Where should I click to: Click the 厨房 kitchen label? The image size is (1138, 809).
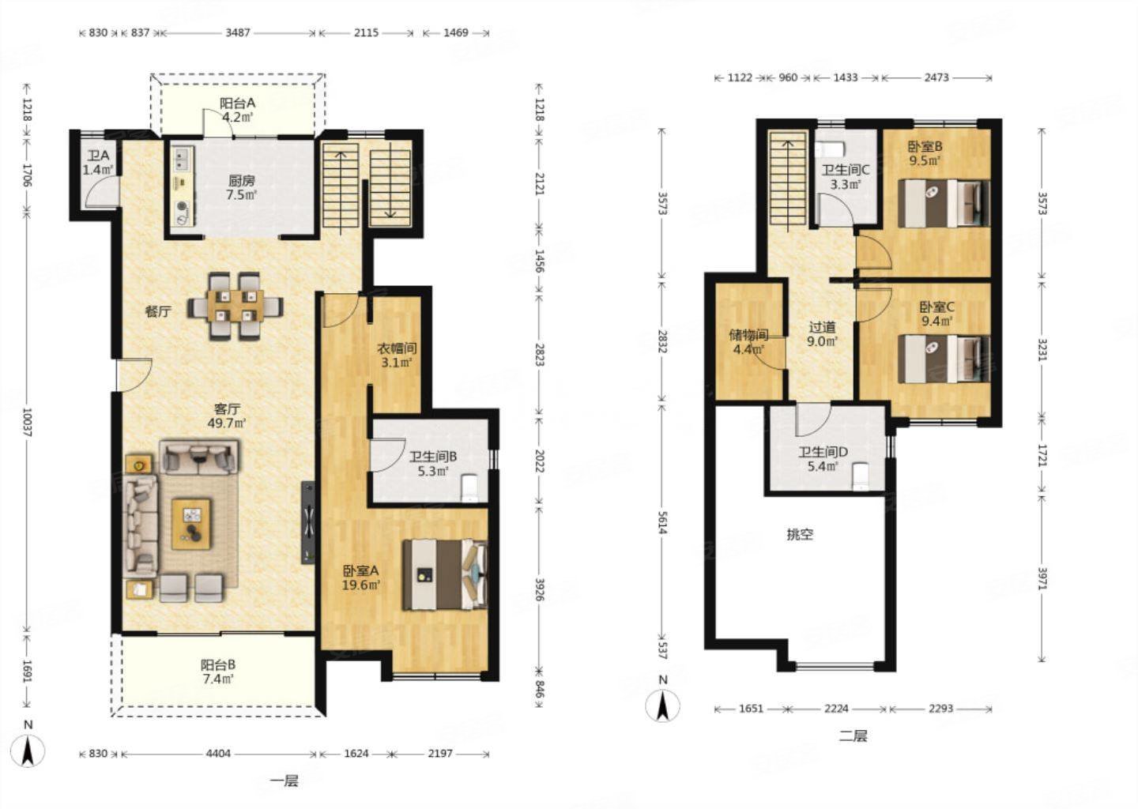[x=241, y=181]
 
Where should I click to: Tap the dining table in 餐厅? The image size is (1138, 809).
[x=236, y=306]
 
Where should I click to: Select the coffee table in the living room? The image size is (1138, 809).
[x=191, y=524]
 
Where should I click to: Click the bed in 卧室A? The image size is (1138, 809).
[x=445, y=574]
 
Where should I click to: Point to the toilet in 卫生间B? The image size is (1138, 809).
[x=469, y=488]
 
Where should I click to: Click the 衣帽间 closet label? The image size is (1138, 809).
[x=397, y=348]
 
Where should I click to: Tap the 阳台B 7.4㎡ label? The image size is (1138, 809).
[x=218, y=672]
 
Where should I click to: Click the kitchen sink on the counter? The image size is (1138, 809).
[x=182, y=158]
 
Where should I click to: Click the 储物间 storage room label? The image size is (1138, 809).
[x=748, y=335]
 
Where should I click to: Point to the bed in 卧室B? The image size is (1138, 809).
[x=944, y=203]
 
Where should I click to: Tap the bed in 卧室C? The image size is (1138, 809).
[x=944, y=359]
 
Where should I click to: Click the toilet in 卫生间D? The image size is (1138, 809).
[x=861, y=477]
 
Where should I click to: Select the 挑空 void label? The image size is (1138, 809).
[x=800, y=534]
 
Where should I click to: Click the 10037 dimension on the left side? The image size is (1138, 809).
[x=27, y=422]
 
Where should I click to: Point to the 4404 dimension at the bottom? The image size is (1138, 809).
[x=218, y=754]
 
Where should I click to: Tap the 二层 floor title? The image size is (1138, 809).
[x=853, y=736]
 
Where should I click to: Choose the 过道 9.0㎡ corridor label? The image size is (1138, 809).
[x=822, y=333]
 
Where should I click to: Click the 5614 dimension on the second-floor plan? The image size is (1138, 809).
[x=661, y=522]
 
